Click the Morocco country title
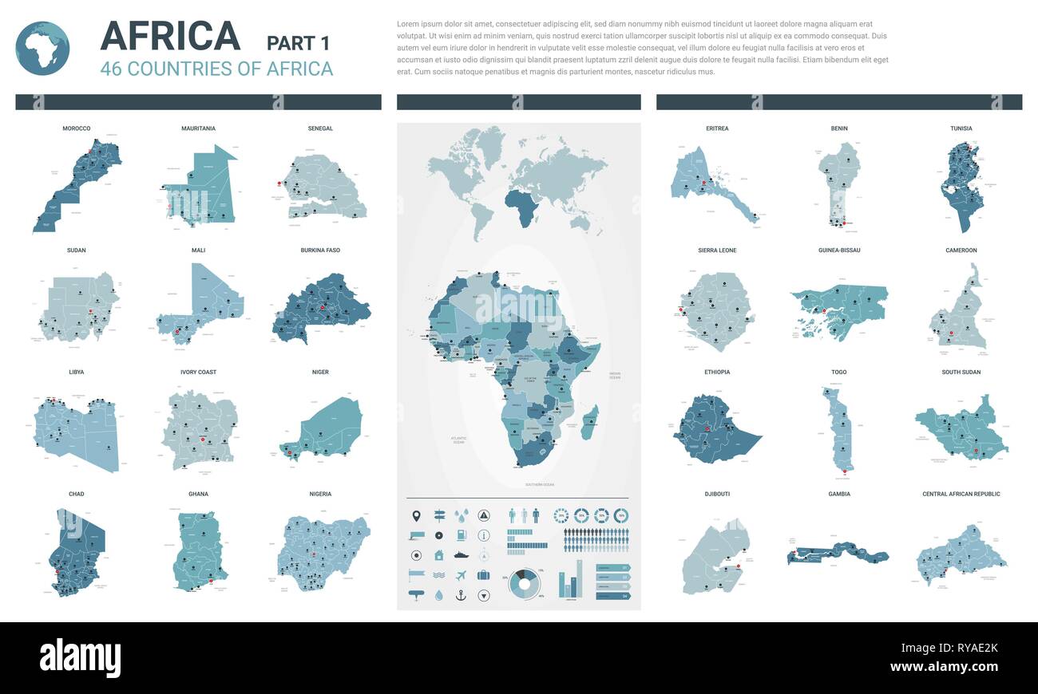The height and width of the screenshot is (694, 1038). click(76, 128)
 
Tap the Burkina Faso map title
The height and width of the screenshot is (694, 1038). click(320, 250)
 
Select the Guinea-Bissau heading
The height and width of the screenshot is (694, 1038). click(839, 250)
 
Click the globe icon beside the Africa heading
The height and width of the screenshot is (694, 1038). click(42, 49)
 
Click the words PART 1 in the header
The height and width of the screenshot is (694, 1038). click(298, 43)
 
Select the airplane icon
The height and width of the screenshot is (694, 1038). click(462, 575)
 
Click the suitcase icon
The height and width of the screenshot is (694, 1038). click(484, 575)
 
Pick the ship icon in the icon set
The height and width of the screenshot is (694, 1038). click(462, 554)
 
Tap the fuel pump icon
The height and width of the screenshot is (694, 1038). click(462, 534)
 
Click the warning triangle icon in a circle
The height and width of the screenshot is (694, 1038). click(484, 515)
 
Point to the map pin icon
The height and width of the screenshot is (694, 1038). click(416, 515)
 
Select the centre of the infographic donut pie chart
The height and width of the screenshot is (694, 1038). click(524, 583)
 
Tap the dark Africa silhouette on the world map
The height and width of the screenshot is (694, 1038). click(523, 206)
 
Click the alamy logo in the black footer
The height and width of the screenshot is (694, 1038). click(80, 658)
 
